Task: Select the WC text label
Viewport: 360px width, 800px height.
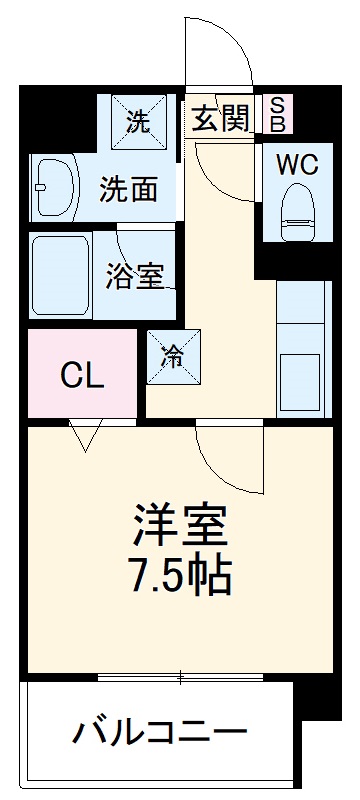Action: coord(297,165)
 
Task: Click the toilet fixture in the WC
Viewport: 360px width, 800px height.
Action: coord(297,209)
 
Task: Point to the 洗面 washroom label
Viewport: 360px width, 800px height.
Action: coord(129,187)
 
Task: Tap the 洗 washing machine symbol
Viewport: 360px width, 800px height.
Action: coord(139,121)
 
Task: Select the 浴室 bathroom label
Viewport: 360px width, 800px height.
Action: coord(135,275)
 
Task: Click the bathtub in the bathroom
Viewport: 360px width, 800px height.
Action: coord(60,275)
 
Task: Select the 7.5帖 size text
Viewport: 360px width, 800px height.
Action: coord(181,573)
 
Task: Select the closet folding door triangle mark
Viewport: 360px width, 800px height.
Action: coord(86,434)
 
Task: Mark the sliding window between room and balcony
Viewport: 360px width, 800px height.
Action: coord(180,678)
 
